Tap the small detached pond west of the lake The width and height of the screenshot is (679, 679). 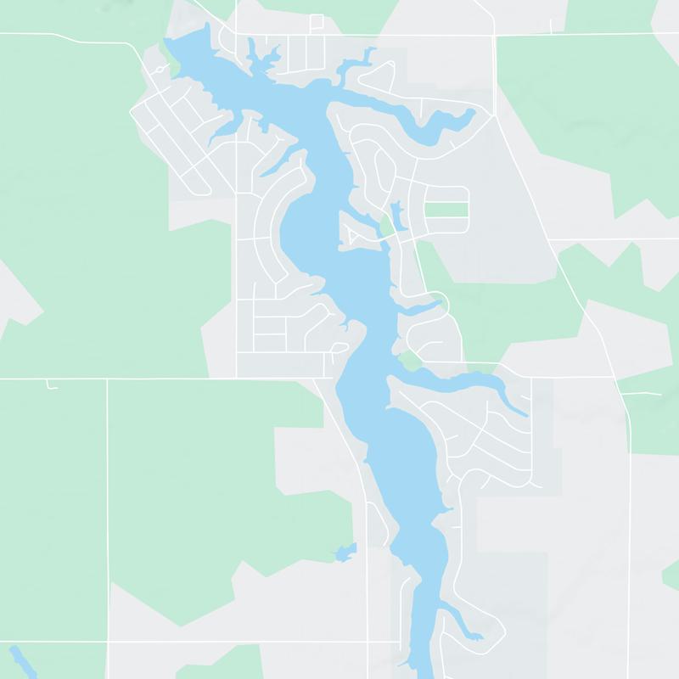pyautogui.click(x=344, y=553)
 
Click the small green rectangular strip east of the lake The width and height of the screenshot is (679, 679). pyautogui.click(x=446, y=210)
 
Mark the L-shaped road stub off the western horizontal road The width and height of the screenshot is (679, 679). pyautogui.click(x=52, y=386)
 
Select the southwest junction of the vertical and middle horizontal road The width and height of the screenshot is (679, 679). pyautogui.click(x=107, y=379)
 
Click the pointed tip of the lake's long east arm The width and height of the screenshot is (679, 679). pyautogui.click(x=525, y=415)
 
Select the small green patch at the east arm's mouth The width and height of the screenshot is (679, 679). pyautogui.click(x=410, y=362)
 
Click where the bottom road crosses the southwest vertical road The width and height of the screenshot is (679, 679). pyautogui.click(x=107, y=642)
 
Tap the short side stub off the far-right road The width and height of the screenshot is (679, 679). pyautogui.click(x=650, y=394)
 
